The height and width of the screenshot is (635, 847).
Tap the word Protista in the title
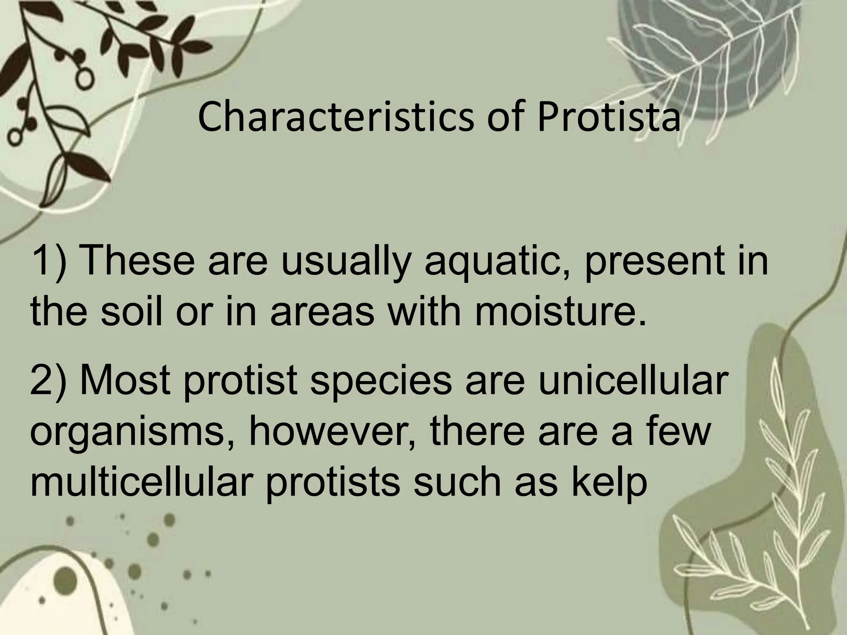point(608,117)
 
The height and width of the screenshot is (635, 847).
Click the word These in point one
point(139,261)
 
